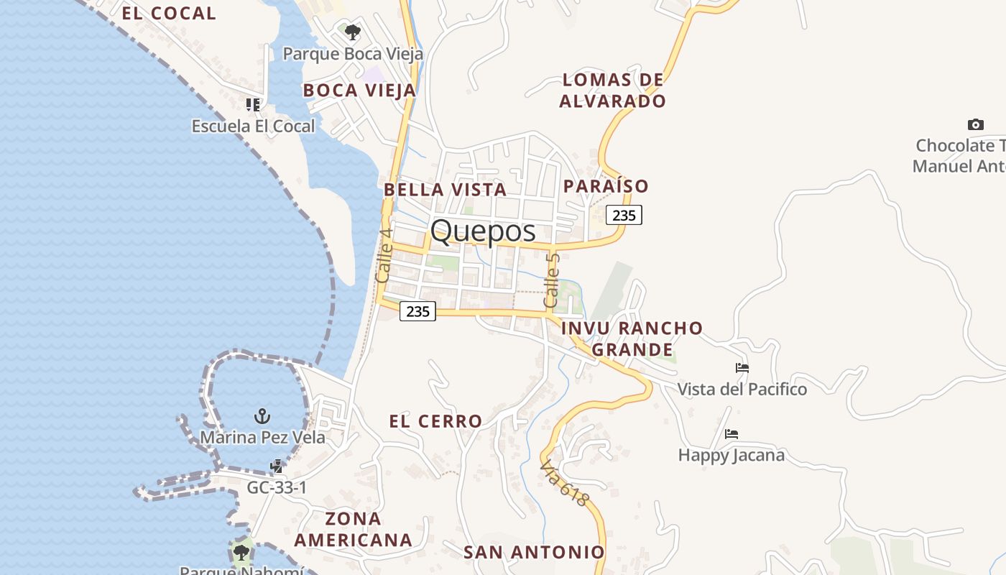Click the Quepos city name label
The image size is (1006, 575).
click(x=483, y=231)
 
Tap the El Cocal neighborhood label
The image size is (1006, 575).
click(x=168, y=13)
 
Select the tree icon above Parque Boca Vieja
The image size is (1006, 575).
click(x=352, y=32)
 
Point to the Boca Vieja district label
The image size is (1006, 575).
click(x=359, y=90)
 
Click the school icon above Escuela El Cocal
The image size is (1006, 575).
click(x=253, y=105)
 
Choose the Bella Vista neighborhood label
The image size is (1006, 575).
click(x=445, y=190)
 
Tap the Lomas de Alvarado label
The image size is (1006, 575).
click(x=612, y=90)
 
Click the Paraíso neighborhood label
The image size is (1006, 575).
click(x=606, y=186)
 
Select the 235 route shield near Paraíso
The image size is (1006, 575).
click(x=624, y=215)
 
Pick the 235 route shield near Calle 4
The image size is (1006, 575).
click(x=417, y=311)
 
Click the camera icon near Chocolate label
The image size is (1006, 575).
click(x=975, y=124)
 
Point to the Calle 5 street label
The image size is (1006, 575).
click(x=552, y=280)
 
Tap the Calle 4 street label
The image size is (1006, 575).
click(x=384, y=255)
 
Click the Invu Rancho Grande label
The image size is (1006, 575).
click(x=632, y=339)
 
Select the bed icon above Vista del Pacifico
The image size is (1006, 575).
click(x=742, y=368)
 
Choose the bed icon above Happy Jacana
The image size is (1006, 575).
click(x=732, y=434)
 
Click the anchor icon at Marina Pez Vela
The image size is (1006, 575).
click(x=262, y=416)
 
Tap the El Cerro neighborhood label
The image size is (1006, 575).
click(x=435, y=421)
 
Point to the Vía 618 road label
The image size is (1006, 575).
click(x=565, y=482)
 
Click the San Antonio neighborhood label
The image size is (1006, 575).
click(x=534, y=552)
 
